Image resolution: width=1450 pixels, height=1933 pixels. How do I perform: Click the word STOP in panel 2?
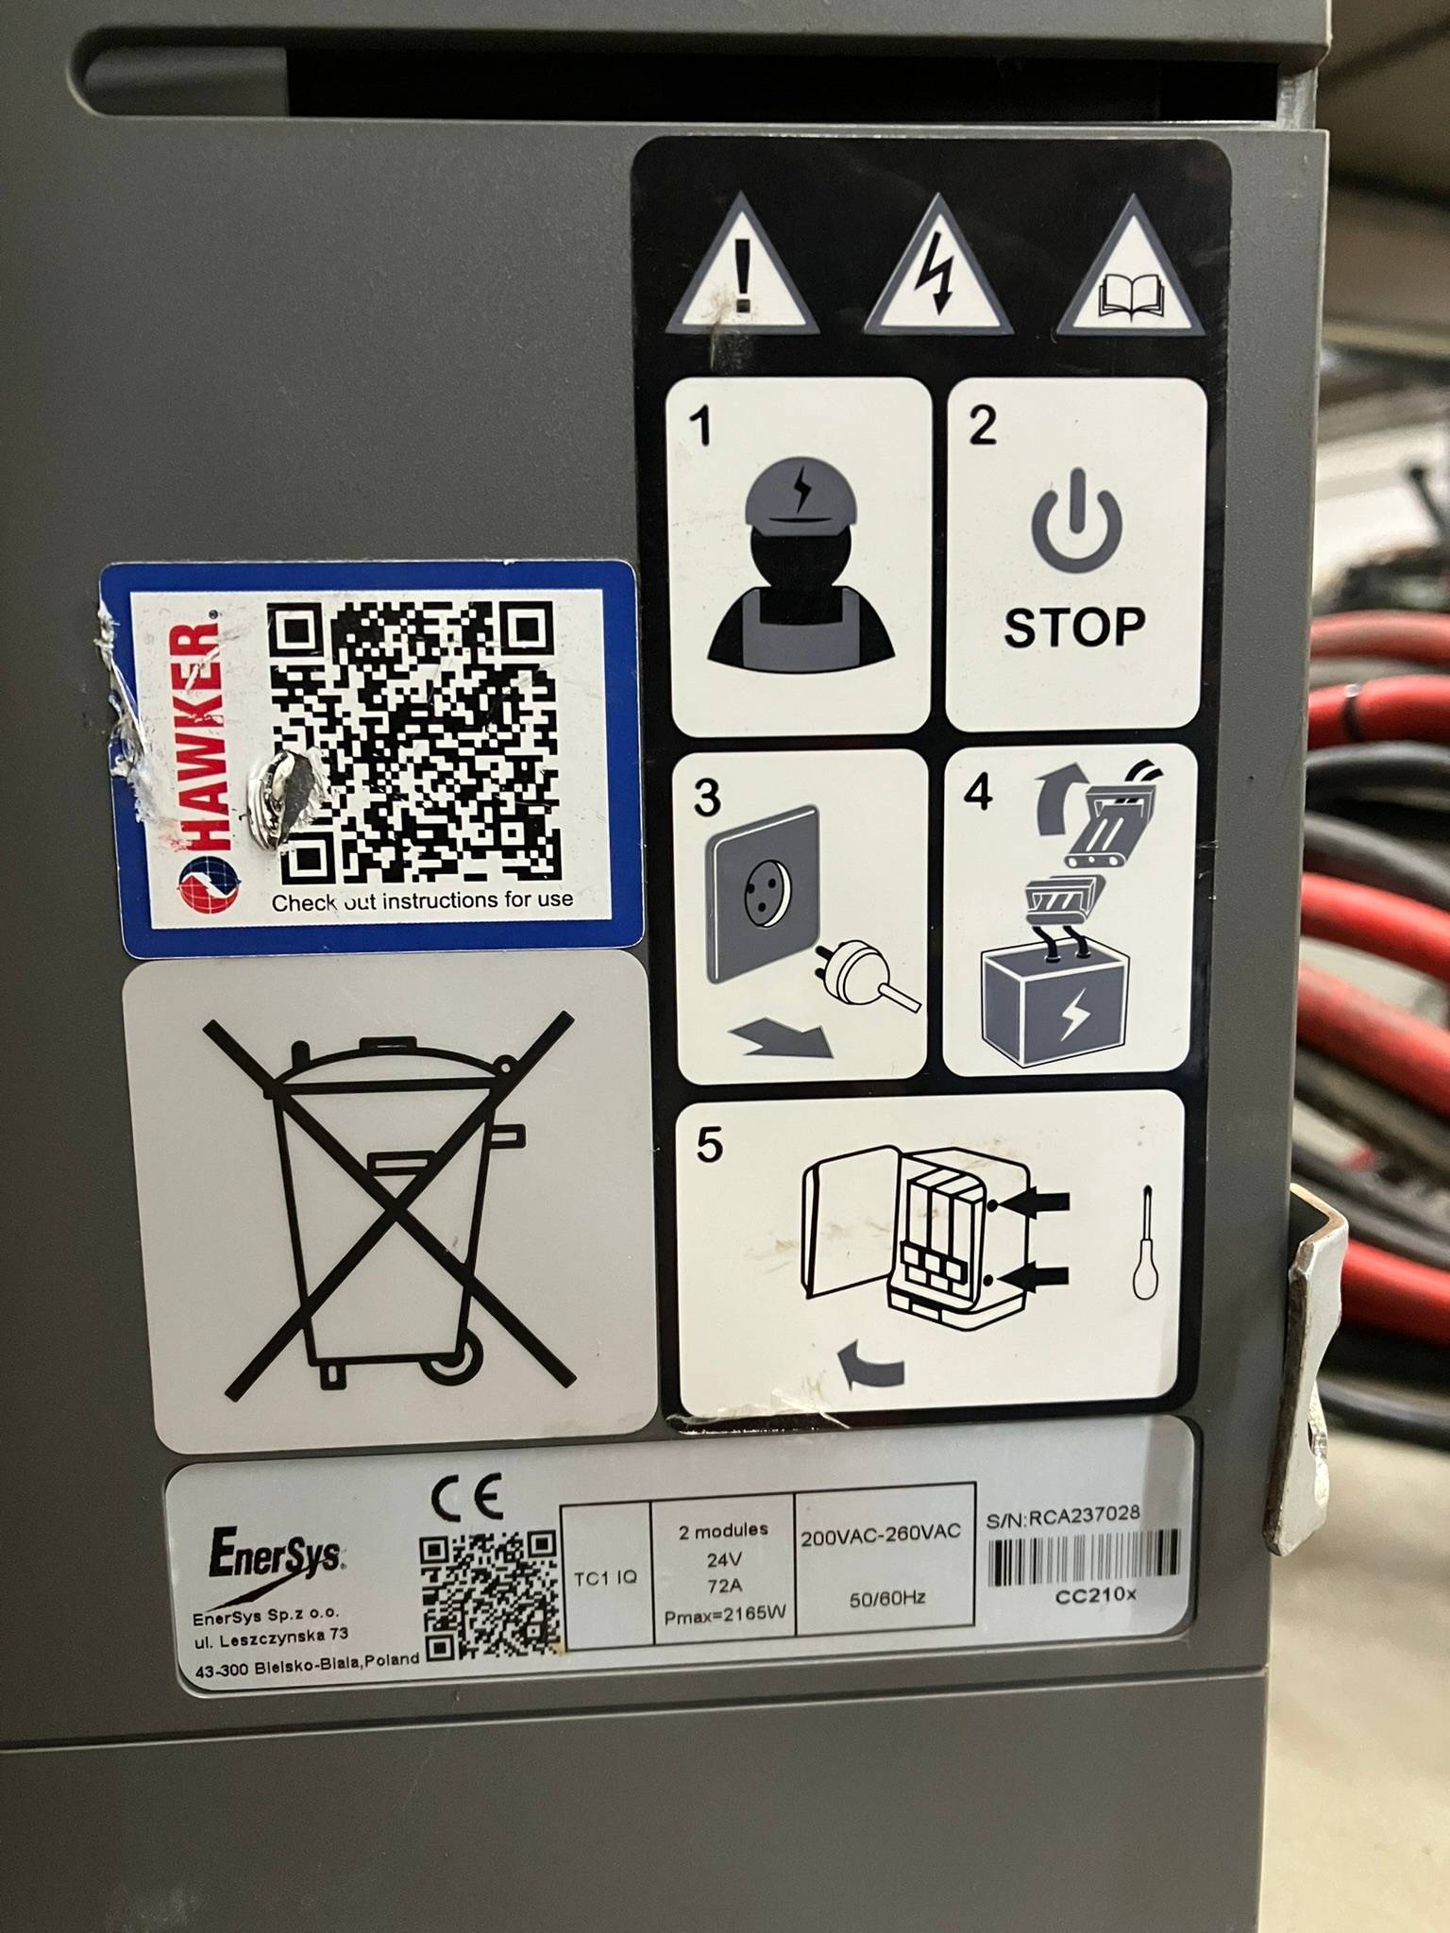point(1074,628)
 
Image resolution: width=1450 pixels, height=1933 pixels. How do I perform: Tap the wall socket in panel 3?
point(764,893)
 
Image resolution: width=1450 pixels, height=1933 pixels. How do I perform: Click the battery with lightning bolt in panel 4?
point(1055,1002)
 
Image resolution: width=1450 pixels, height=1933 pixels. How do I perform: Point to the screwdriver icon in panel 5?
point(1145,1242)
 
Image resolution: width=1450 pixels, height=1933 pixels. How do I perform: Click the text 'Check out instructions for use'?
point(422,900)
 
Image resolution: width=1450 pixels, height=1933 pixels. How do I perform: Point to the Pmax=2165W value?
point(724,1615)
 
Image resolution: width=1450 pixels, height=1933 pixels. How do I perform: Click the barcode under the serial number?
point(1084,1556)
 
